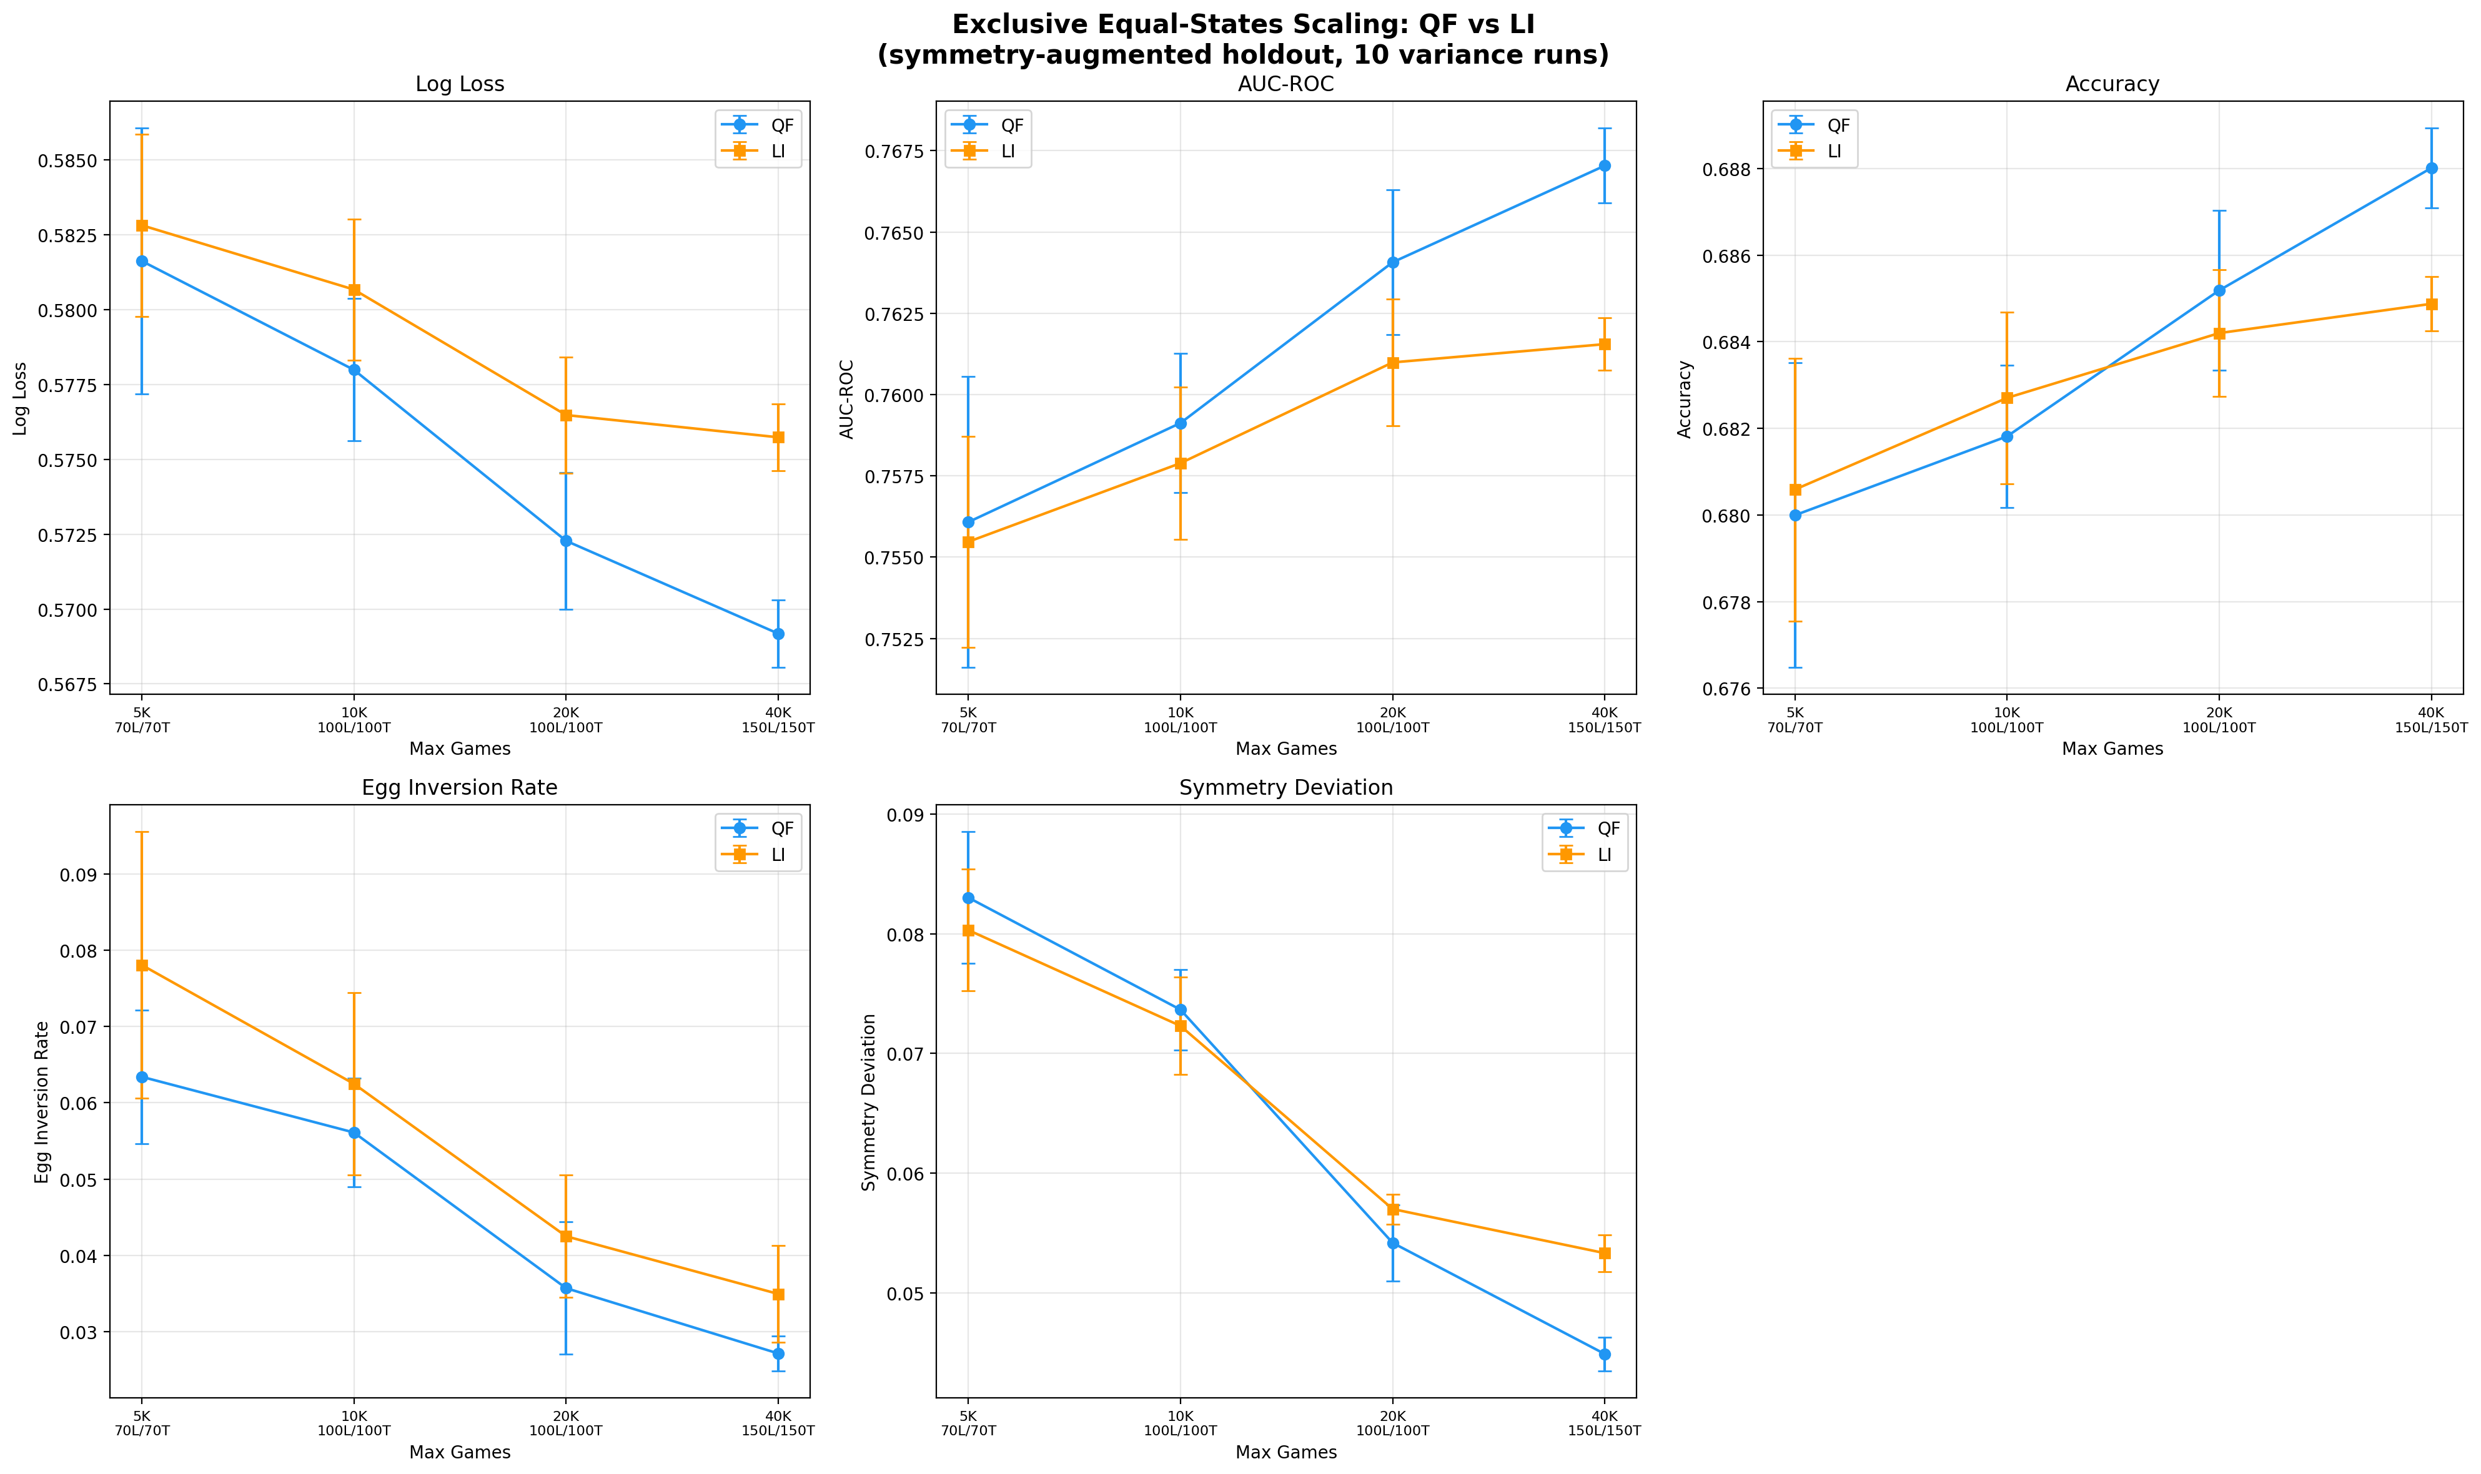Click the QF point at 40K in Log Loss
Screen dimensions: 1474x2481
click(x=778, y=634)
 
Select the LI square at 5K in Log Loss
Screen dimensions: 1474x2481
click(x=142, y=225)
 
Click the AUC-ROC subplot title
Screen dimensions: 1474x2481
click(x=1285, y=84)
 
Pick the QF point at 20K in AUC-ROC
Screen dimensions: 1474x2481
click(x=1392, y=262)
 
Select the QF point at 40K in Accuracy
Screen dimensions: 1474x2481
click(x=2430, y=169)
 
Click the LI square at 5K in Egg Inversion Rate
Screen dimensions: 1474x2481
click(x=142, y=965)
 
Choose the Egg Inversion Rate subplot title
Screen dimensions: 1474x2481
click(x=459, y=788)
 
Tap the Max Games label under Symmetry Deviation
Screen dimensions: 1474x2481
click(x=1285, y=1452)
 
